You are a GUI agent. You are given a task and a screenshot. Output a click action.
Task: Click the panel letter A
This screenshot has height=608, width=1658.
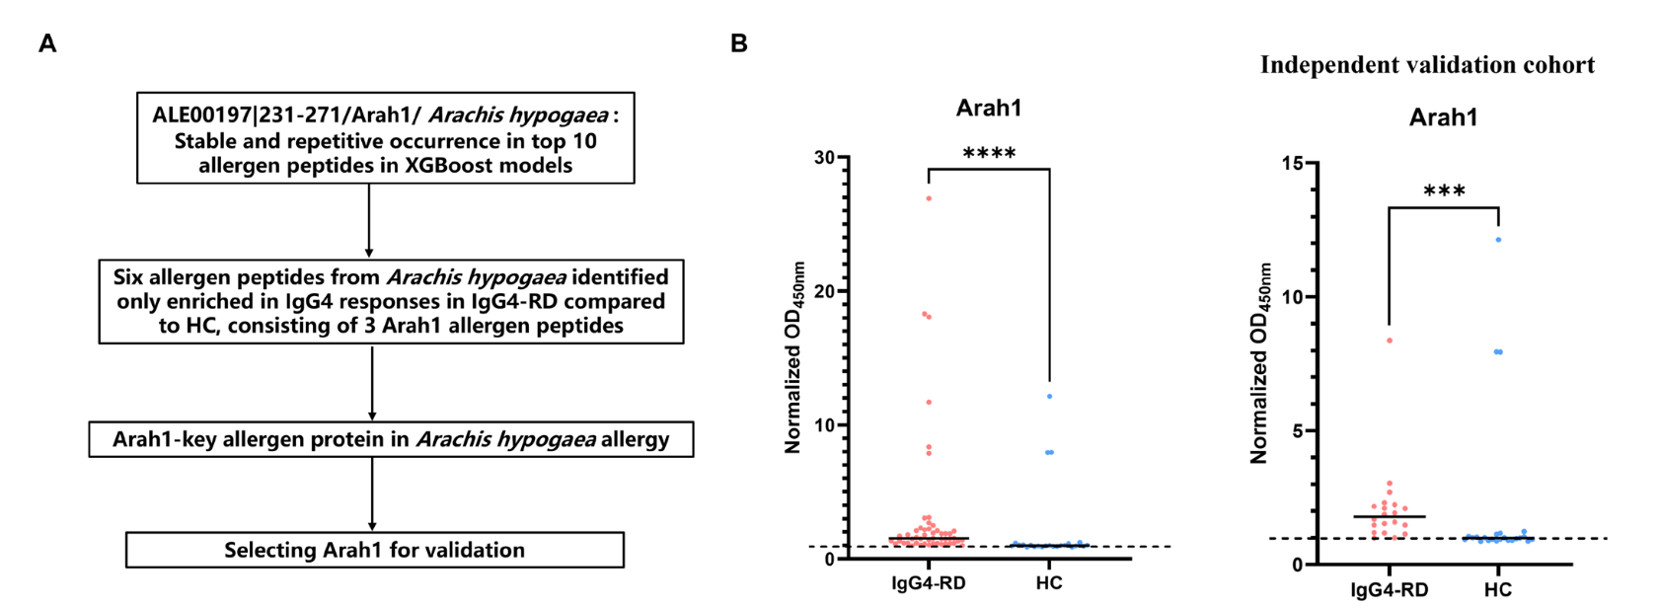click(46, 43)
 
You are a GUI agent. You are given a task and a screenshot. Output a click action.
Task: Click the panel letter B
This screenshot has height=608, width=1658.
click(739, 43)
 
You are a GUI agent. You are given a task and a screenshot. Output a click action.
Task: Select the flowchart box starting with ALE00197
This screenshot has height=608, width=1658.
click(385, 138)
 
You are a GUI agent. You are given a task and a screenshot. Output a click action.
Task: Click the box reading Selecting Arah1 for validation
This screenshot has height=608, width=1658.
click(375, 550)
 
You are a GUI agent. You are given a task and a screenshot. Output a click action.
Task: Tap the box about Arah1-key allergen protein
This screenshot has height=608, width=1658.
click(391, 439)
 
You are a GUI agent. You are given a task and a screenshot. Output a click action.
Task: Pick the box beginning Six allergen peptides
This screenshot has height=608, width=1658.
click(391, 301)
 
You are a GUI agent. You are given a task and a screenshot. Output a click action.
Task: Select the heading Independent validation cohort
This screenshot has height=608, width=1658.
click(1427, 65)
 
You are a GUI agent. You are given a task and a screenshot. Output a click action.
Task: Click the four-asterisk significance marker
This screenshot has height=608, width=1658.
click(989, 154)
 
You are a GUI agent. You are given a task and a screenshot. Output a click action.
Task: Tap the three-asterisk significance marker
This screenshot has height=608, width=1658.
click(1444, 191)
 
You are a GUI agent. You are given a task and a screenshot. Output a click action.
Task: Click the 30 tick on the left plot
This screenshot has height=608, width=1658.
click(824, 158)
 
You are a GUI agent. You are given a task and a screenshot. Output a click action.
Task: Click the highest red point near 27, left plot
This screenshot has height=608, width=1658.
click(929, 198)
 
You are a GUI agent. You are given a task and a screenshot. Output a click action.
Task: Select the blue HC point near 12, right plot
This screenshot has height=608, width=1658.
click(1498, 240)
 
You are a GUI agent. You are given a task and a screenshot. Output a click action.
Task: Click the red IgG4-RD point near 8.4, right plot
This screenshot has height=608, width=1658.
click(1390, 341)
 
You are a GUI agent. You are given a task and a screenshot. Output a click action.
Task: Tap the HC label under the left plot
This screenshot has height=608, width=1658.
click(1049, 583)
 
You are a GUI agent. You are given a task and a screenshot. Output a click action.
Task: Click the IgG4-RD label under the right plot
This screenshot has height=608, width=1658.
click(1390, 590)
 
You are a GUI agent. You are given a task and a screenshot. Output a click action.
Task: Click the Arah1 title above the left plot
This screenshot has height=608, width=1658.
click(989, 109)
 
